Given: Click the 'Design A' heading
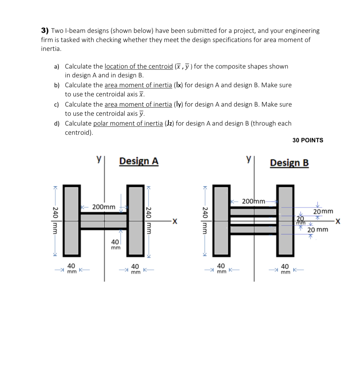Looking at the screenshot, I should point(139,161).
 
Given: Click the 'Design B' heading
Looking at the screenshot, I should point(289,163).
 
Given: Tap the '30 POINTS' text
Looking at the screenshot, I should point(308,140).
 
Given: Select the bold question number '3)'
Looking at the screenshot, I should point(45,31).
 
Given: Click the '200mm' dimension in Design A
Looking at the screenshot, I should point(104,207).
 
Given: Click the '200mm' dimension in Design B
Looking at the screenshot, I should point(253,201).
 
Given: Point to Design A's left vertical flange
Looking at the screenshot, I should point(71,221).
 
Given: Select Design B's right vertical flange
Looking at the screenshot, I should point(285,221).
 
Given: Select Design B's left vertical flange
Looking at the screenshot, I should point(222,221).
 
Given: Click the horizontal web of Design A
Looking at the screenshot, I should point(104,221).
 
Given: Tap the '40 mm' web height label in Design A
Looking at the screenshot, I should point(115,244).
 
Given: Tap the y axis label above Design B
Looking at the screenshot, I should point(249,159).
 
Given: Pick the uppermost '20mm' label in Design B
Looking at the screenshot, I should point(323,211).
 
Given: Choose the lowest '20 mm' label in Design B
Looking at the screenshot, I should point(317,230).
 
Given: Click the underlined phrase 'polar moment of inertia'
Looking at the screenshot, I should point(128,124).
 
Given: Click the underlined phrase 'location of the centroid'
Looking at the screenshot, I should point(138,67).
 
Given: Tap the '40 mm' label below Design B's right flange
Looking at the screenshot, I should point(285,269).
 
